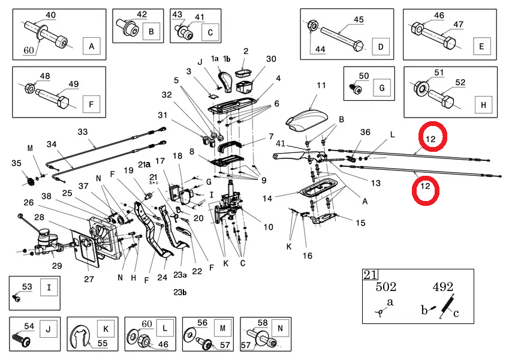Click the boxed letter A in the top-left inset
coord(91,46)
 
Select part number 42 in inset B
coord(141,14)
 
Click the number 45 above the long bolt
coord(358,20)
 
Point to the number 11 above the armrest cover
coord(321,85)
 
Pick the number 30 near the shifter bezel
coord(271,59)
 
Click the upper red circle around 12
coord(432,138)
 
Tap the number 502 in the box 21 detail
coord(386,287)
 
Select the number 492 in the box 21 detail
coord(442,287)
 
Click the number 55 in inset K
coord(103,344)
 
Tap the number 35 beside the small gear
coord(16,163)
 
